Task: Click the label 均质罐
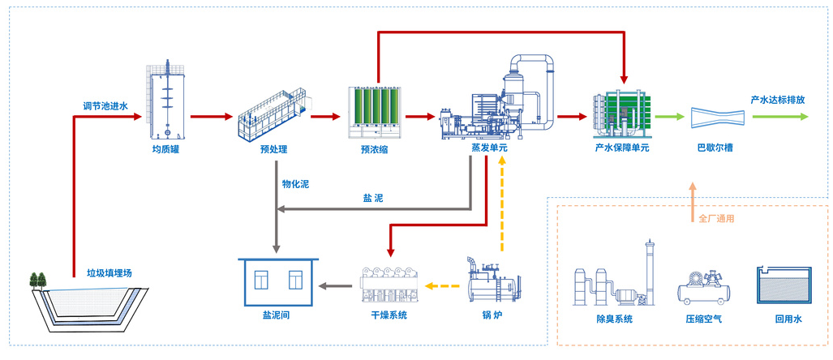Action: point(165,149)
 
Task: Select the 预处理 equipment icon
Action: point(273,114)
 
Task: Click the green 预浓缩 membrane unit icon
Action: point(374,113)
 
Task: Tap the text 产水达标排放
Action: point(777,100)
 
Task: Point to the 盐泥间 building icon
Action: point(279,284)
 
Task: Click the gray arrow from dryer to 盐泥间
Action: point(337,285)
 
